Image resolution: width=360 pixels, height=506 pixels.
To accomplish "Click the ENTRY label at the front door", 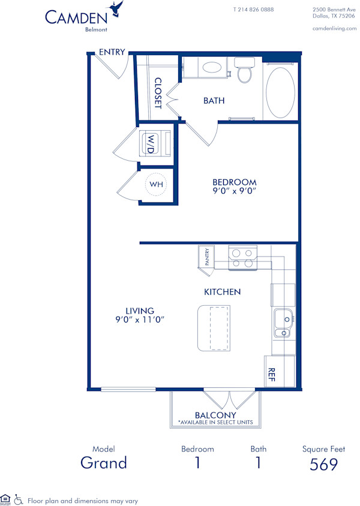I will tap(112, 52).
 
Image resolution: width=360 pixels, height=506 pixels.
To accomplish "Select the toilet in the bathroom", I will tap(244, 70).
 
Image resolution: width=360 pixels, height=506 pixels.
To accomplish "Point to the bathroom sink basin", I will tap(211, 68).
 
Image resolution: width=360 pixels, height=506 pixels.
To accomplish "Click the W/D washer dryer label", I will tap(151, 144).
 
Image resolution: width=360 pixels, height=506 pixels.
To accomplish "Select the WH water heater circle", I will tap(156, 184).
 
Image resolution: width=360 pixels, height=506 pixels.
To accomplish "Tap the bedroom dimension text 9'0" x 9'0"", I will tap(235, 192).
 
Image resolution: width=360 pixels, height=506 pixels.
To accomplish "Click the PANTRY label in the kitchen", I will tap(207, 257).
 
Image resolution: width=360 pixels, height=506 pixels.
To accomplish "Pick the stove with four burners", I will tap(241, 257).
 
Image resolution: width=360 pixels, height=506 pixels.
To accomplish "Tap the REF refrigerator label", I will tap(271, 375).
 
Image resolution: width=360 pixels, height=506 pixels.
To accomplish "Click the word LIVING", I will tap(140, 311).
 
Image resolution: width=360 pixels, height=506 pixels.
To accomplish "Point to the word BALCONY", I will tap(215, 415).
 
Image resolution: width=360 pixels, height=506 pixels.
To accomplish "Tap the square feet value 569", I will tap(323, 464).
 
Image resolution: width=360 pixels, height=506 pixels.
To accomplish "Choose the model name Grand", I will tap(104, 463).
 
